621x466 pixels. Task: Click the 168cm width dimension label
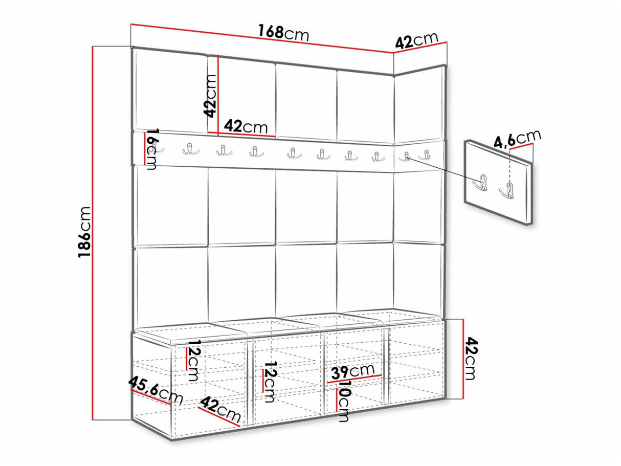click(283, 33)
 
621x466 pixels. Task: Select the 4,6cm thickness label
click(517, 139)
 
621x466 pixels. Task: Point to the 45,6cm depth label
click(156, 390)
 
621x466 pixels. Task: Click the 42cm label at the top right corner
click(416, 40)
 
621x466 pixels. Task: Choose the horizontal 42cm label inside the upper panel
click(246, 126)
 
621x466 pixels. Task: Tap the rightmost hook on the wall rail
click(425, 155)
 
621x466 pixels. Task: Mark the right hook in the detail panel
click(507, 191)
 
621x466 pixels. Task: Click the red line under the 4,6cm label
click(521, 146)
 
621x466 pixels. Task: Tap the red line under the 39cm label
click(354, 379)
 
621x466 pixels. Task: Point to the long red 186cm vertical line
click(93, 233)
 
